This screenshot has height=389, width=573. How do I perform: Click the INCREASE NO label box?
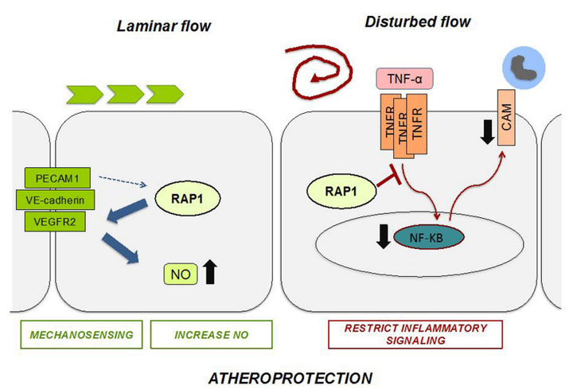point(212,335)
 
